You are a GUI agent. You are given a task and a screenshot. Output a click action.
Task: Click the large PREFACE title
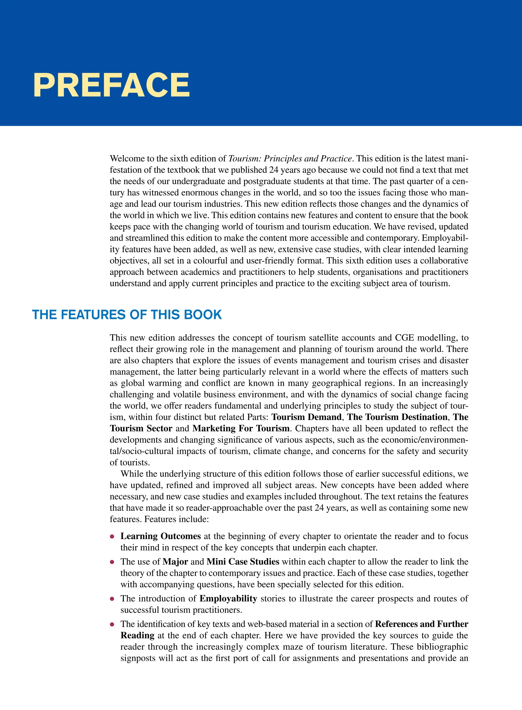click(111, 85)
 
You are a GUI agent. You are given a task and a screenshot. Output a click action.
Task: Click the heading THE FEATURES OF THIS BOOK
click(127, 315)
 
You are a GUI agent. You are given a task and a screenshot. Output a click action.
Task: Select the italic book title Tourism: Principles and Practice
click(290, 158)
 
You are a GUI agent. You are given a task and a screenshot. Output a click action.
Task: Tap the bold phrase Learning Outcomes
click(161, 536)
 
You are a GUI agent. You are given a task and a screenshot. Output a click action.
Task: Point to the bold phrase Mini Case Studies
click(243, 562)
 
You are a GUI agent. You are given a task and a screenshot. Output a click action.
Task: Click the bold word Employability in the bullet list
click(228, 598)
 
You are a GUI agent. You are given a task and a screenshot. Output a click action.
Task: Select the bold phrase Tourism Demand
click(307, 417)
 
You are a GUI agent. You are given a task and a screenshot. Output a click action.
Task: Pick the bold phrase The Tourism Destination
click(397, 417)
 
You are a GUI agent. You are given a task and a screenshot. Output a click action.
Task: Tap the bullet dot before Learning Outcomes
click(112, 537)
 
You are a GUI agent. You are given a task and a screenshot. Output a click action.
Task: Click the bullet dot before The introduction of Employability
click(112, 599)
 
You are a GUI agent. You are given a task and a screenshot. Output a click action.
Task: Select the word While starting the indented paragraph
click(130, 474)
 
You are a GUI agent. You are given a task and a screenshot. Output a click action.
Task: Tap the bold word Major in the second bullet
click(175, 562)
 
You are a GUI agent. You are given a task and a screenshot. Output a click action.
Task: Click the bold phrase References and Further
click(421, 624)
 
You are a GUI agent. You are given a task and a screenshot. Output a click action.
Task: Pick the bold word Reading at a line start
click(137, 635)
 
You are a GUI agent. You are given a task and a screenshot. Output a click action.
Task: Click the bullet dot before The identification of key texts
click(112, 625)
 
